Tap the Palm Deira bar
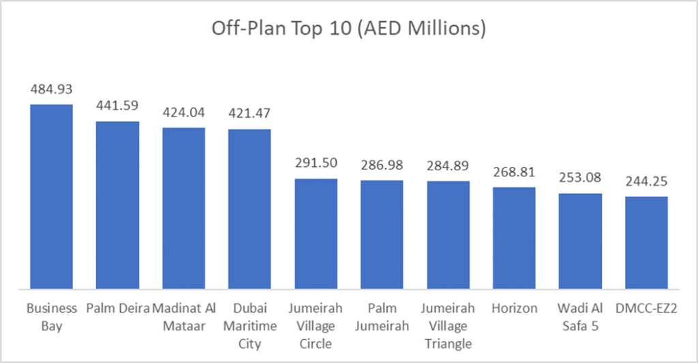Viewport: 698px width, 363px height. click(x=117, y=204)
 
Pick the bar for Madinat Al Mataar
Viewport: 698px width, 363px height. click(x=183, y=207)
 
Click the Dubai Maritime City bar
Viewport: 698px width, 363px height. click(x=249, y=208)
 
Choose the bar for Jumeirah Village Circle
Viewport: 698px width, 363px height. click(x=316, y=233)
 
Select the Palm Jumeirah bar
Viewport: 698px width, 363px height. click(x=382, y=234)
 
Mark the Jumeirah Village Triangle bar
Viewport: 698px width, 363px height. click(x=448, y=234)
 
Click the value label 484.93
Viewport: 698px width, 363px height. click(x=50, y=89)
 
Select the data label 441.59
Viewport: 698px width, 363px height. click(x=117, y=106)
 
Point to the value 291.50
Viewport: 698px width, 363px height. click(x=316, y=163)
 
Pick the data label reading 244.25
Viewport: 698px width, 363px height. click(x=646, y=182)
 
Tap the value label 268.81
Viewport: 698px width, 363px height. click(x=514, y=172)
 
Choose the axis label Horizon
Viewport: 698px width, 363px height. click(x=514, y=309)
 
